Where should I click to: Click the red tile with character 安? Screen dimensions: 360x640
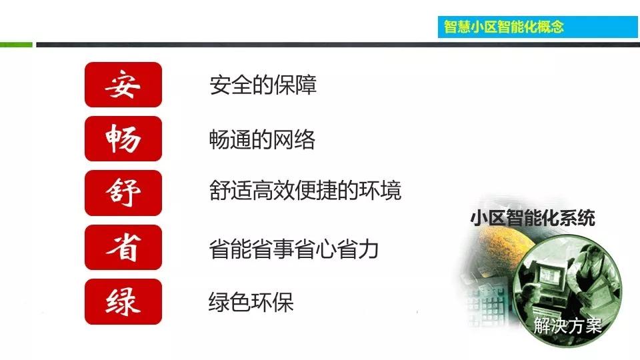pyautogui.click(x=123, y=85)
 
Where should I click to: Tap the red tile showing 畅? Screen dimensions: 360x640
pyautogui.click(x=123, y=139)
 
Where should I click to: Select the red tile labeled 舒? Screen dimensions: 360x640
pyautogui.click(x=123, y=193)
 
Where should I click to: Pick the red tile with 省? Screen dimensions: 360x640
pyautogui.click(x=123, y=247)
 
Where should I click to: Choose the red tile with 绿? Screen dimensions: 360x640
pyautogui.click(x=123, y=301)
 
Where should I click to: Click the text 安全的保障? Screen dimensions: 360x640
pyautogui.click(x=263, y=85)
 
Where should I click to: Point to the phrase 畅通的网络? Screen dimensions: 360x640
pyautogui.click(x=262, y=140)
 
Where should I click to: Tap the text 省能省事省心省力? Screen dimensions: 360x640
pyautogui.click(x=294, y=249)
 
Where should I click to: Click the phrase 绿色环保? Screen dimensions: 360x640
pyautogui.click(x=251, y=303)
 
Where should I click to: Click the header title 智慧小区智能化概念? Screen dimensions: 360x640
pyautogui.click(x=504, y=26)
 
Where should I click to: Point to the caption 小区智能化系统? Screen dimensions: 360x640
pyautogui.click(x=532, y=218)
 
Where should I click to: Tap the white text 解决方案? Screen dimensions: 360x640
pyautogui.click(x=567, y=326)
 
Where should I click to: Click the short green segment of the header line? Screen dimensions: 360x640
pyautogui.click(x=16, y=45)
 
